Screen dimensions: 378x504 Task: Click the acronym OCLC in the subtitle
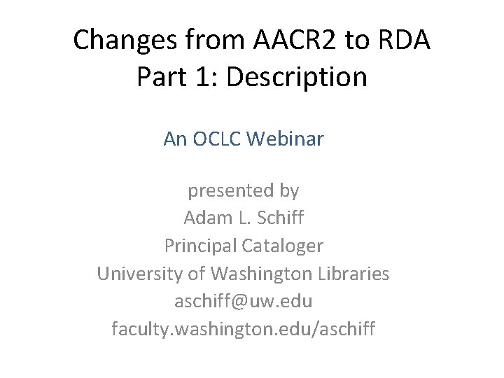click(215, 139)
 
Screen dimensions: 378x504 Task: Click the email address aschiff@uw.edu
click(243, 300)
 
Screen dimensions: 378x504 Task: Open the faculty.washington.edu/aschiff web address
click(243, 328)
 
